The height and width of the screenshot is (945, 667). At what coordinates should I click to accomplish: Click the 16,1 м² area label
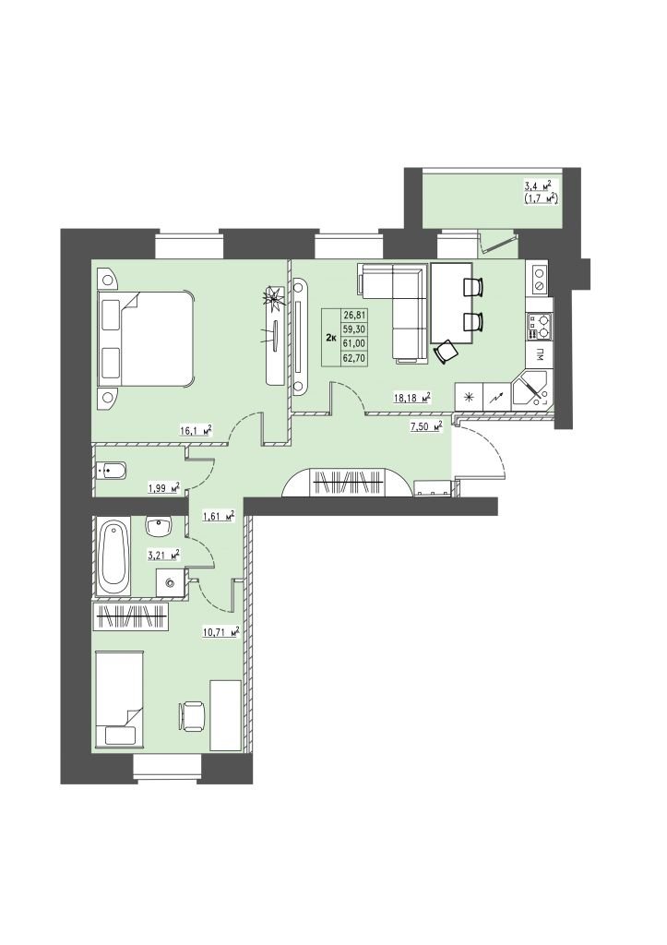(x=197, y=430)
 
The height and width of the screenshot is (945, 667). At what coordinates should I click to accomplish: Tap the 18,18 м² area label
(x=412, y=397)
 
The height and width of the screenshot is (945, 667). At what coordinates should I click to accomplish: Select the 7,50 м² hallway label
(x=424, y=426)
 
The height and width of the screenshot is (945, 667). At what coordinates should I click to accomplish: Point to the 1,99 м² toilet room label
(x=164, y=486)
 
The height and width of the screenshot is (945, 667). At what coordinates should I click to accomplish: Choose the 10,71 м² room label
(x=221, y=633)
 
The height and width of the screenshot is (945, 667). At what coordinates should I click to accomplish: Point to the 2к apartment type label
(x=331, y=337)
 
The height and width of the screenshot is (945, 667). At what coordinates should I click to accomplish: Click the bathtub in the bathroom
(x=113, y=558)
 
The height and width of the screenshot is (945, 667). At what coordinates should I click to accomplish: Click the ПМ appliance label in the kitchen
(x=540, y=354)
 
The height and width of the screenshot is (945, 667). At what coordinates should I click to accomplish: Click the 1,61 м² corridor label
(x=216, y=516)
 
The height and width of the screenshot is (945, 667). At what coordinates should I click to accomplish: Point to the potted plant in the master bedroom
(x=273, y=299)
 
